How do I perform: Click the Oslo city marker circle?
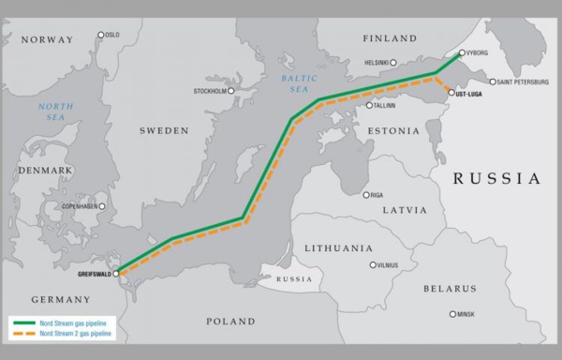tap(101, 36)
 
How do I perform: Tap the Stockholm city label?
tap(209, 91)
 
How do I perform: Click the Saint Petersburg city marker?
tap(493, 82)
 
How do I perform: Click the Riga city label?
tap(377, 195)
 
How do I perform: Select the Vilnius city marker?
tap(373, 265)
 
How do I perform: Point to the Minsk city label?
tap(465, 314)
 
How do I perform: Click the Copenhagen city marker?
tap(102, 205)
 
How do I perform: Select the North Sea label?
tap(56, 112)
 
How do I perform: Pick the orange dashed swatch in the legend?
tap(22, 332)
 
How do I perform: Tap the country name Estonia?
tap(393, 130)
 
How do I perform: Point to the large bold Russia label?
tap(496, 178)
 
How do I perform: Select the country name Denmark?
tap(44, 170)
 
